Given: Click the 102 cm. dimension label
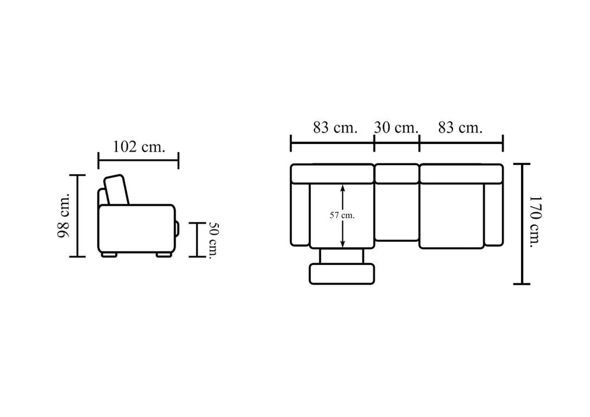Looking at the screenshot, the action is pos(139,147).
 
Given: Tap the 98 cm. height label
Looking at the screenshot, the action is pos(64,216).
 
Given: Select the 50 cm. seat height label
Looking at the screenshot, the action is pos(214,241).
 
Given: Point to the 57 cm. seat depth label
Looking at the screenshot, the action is pos(342,216).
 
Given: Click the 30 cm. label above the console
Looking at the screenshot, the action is pos(396,128).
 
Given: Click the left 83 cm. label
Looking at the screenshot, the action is pos(335,128).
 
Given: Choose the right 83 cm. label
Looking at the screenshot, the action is pos(460,128).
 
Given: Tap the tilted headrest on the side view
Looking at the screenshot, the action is pos(117,190).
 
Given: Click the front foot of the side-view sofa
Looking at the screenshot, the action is pos(164,255).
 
